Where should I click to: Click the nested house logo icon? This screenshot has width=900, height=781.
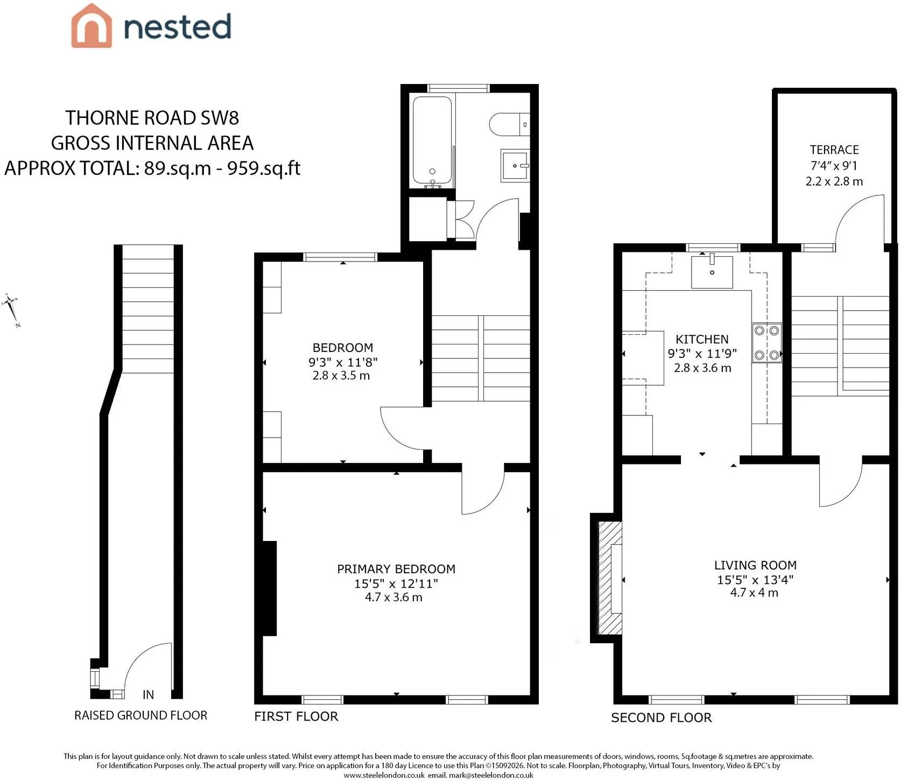click(x=92, y=26)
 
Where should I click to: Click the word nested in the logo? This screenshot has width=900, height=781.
click(x=178, y=27)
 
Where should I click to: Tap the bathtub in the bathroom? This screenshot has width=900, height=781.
click(x=432, y=142)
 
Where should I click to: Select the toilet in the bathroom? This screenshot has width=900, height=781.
click(x=510, y=124)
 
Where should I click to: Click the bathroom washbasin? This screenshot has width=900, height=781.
click(x=515, y=166)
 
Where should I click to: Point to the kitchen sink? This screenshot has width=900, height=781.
click(x=712, y=272)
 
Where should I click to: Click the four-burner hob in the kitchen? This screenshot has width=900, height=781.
click(x=767, y=343)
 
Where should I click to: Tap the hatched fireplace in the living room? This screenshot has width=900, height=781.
click(x=610, y=578)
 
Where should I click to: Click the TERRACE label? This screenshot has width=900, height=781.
click(x=834, y=150)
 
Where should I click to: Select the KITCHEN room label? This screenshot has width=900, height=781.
click(x=702, y=339)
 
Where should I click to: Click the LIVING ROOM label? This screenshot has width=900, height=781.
click(x=755, y=565)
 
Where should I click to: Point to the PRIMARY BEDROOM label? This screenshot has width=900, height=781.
click(x=396, y=569)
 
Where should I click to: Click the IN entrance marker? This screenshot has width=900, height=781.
click(x=148, y=695)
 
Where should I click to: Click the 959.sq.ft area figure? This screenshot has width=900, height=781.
click(x=264, y=168)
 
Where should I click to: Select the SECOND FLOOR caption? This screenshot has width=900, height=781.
click(x=662, y=717)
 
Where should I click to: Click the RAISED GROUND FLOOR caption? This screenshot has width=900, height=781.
click(x=140, y=715)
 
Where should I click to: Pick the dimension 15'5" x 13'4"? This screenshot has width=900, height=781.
click(x=755, y=580)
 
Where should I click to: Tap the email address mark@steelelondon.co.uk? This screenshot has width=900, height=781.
click(x=491, y=775)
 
